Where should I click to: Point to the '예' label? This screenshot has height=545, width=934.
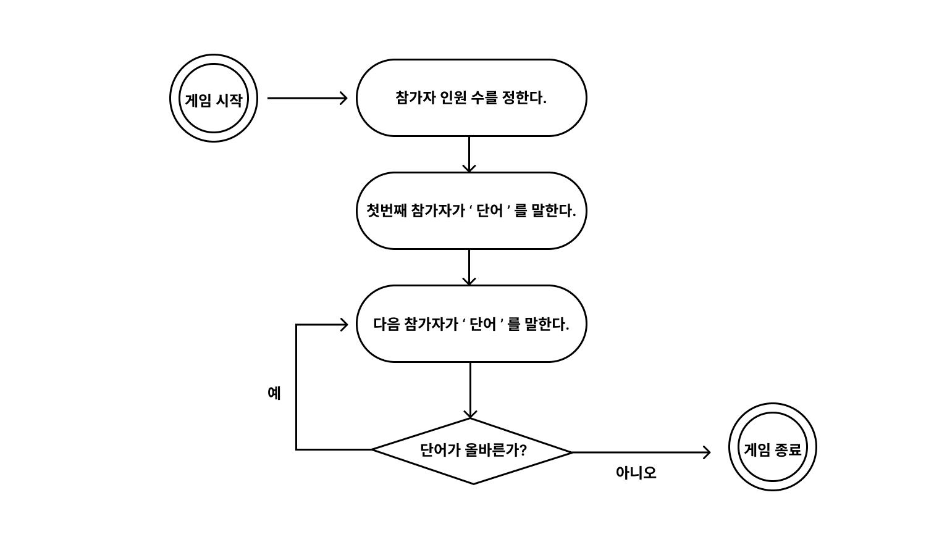tap(274, 393)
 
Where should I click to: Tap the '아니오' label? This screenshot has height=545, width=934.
tap(636, 473)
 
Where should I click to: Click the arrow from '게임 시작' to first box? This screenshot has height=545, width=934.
tap(307, 98)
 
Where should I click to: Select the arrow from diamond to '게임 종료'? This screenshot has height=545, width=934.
tap(641, 452)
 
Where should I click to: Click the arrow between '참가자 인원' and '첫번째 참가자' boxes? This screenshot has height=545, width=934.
tap(469, 154)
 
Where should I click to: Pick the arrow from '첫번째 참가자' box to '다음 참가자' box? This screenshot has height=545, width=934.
tap(469, 267)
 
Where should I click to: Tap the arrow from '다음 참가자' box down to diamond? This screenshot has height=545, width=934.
tap(470, 391)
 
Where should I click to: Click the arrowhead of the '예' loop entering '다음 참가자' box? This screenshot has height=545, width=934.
tap(345, 325)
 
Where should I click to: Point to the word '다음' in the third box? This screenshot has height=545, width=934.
tap(387, 324)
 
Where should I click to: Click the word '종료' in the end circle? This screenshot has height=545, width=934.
tap(788, 449)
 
